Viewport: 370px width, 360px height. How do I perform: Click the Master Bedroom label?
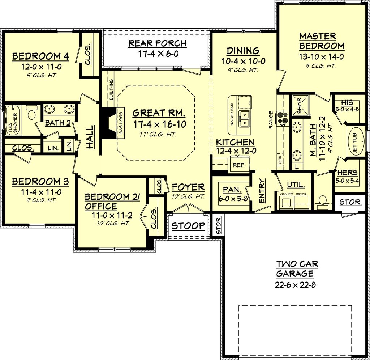click(x=322, y=41)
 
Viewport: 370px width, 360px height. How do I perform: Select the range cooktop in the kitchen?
click(x=282, y=118)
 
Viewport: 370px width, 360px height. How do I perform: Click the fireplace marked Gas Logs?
click(x=108, y=122)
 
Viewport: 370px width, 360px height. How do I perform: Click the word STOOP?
click(x=188, y=226)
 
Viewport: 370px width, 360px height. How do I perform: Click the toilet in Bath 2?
click(x=31, y=114)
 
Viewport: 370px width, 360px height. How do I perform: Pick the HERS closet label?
click(x=347, y=173)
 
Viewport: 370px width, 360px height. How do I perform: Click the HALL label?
click(x=90, y=136)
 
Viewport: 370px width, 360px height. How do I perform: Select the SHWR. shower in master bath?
click(x=299, y=105)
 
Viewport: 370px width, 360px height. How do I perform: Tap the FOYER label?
click(x=188, y=187)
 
